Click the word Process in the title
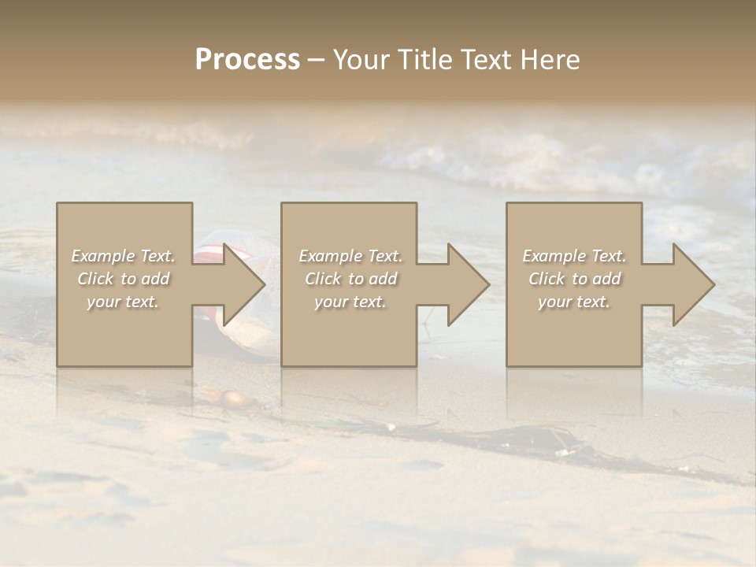point(247,60)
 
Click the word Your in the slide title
point(361,60)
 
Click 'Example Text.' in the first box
point(123,256)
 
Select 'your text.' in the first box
point(123,302)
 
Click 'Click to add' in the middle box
point(350,279)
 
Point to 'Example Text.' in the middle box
point(350,256)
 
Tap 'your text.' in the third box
point(573,302)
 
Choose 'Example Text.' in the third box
point(574,256)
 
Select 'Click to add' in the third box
point(574,279)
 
